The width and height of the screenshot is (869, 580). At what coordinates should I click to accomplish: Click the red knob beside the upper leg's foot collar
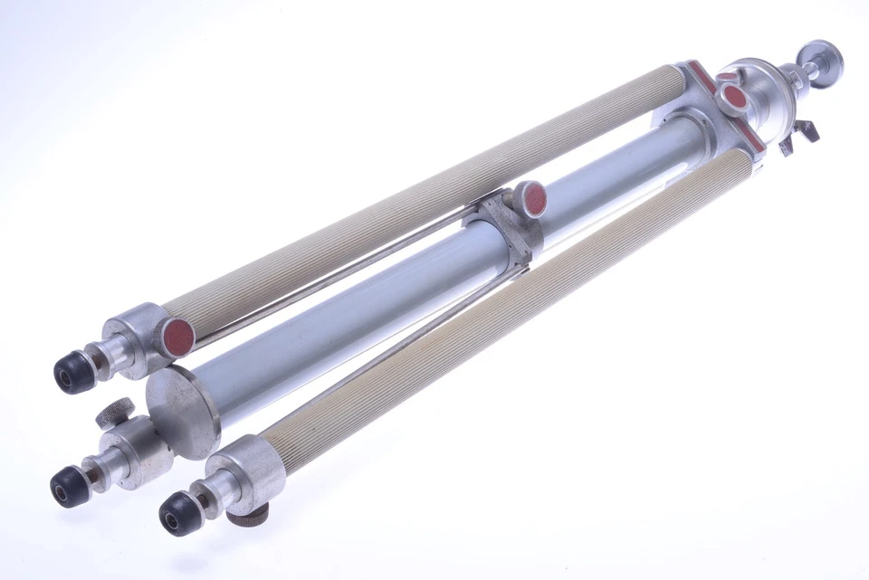click(177, 337)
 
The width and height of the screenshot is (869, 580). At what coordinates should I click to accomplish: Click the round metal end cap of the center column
click(182, 413)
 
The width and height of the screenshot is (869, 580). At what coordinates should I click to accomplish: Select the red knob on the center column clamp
click(528, 198)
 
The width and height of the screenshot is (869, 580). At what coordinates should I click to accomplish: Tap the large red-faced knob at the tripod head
click(731, 96)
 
